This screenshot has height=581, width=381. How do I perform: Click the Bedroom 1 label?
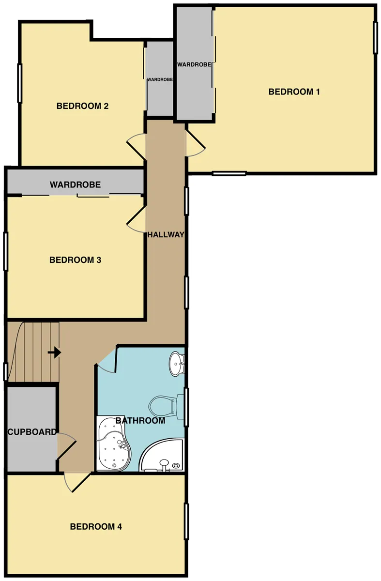click(x=294, y=92)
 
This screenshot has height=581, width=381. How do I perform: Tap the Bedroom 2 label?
click(x=82, y=106)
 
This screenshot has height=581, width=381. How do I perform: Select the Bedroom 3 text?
click(x=75, y=260)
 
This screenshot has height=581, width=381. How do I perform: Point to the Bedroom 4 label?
click(x=96, y=527)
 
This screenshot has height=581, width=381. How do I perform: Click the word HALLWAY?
click(x=166, y=235)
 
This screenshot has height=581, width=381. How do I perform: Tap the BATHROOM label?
click(x=140, y=420)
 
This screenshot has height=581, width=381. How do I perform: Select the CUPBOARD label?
click(x=32, y=432)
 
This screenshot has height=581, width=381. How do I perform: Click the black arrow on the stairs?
click(x=55, y=353)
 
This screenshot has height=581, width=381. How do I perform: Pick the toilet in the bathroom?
click(x=166, y=406)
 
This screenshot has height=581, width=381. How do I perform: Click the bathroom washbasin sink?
click(x=177, y=364)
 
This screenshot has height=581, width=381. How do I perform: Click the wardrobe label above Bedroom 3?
click(x=75, y=184)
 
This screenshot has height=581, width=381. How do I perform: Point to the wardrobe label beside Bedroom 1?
click(x=194, y=64)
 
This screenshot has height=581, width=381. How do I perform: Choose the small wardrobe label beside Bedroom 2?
click(x=160, y=79)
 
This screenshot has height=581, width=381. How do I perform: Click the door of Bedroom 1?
click(x=196, y=143)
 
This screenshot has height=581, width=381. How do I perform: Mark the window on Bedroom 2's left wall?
click(x=20, y=83)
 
